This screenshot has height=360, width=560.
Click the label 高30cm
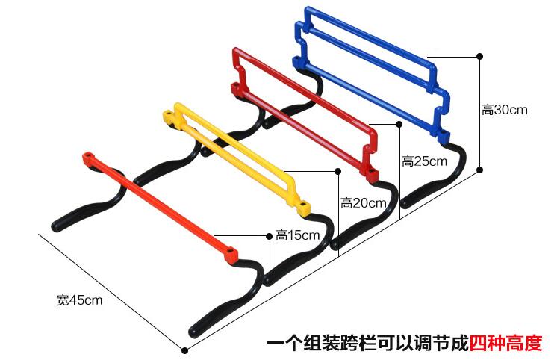pos(505,110)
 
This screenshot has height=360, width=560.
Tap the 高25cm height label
pos(424,161)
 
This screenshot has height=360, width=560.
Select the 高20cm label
pos(364,202)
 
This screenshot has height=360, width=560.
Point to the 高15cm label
pos(297,235)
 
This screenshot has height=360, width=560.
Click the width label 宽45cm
pos(79,300)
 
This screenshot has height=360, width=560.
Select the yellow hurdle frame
pos(231,149)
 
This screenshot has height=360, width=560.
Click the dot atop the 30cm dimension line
pos(479,56)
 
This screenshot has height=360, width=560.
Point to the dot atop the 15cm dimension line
pos(269,237)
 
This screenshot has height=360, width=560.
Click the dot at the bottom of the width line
pos(184,350)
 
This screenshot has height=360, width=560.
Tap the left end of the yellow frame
pos(171,117)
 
